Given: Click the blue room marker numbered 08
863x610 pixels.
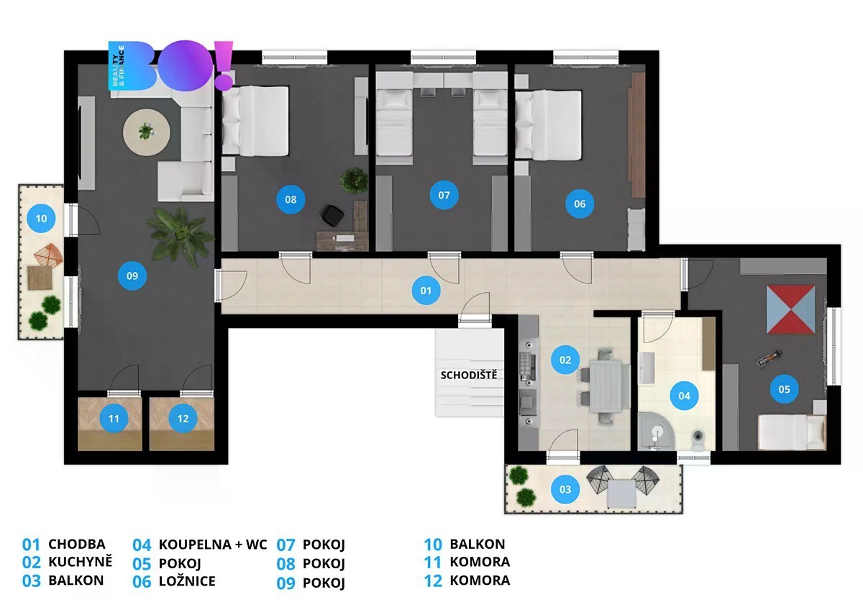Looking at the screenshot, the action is click(291, 199).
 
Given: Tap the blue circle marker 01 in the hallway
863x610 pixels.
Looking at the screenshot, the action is click(426, 290).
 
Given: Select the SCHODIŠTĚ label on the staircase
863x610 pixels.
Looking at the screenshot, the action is click(468, 375).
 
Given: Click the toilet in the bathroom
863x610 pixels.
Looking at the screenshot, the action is click(698, 439).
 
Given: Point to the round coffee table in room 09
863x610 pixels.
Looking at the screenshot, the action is click(147, 132).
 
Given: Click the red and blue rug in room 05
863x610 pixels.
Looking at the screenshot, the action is click(790, 309).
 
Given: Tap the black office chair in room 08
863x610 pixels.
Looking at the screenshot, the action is click(332, 215).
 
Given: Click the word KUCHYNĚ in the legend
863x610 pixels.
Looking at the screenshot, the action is click(80, 562).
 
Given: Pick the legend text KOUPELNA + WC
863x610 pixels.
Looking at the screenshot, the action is click(213, 545).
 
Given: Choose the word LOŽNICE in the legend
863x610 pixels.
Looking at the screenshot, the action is click(187, 581).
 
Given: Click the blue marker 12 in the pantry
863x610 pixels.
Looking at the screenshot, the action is click(183, 419).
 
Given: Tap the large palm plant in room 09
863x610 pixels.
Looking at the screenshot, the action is click(180, 237).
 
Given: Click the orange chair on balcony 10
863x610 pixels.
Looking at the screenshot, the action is click(48, 255).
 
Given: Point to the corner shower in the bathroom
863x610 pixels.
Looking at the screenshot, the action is click(655, 432).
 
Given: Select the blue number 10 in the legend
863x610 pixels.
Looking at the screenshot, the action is click(433, 545).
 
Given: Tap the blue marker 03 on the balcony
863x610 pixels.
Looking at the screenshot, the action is click(565, 489).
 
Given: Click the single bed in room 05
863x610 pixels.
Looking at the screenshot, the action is click(792, 432).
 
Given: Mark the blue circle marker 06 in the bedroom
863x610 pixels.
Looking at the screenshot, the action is click(580, 204).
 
